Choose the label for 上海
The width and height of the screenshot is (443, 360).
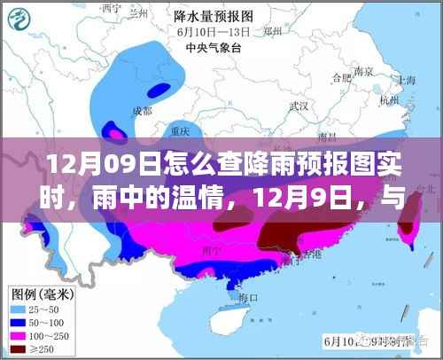point(408,79)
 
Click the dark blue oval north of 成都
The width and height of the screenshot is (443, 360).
point(159,89)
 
